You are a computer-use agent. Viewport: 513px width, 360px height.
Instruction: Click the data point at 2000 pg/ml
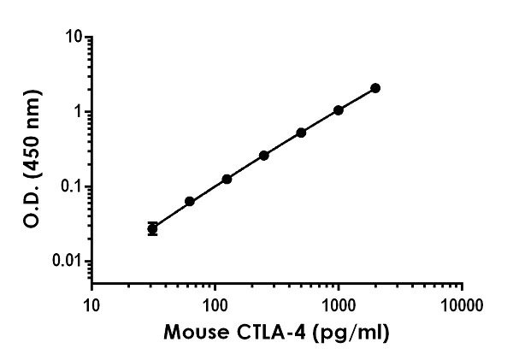click(375, 88)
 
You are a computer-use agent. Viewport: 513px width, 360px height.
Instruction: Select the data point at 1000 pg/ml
click(339, 110)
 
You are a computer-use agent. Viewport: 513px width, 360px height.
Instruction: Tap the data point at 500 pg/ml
click(301, 133)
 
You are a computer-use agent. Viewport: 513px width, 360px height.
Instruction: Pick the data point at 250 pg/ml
click(264, 156)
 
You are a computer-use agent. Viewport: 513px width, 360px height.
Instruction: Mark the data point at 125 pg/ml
click(227, 180)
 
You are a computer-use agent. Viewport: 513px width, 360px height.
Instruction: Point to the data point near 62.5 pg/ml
click(190, 202)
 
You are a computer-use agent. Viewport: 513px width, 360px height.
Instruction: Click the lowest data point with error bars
click(152, 228)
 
